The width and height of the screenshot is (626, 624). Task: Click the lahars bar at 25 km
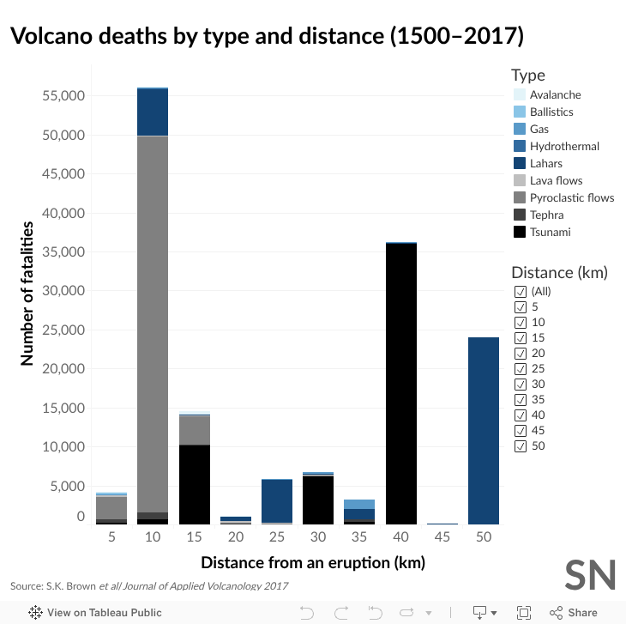tap(277, 500)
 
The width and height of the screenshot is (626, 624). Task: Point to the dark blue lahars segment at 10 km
tap(153, 112)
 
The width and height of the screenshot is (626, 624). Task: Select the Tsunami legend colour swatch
tap(519, 232)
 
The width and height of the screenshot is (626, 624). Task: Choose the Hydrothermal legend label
tap(564, 146)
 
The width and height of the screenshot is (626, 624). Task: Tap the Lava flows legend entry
tap(556, 180)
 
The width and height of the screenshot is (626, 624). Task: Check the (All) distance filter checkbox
tap(520, 291)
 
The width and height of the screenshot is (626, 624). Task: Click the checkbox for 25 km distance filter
tap(520, 368)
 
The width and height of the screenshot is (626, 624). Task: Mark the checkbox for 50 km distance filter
tap(520, 445)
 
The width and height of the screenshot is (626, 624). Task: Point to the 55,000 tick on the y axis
tap(63, 96)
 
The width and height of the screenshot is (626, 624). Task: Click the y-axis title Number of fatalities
tap(27, 294)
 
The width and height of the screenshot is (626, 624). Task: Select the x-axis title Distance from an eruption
tap(312, 563)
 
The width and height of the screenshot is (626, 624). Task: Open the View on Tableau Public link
tap(95, 613)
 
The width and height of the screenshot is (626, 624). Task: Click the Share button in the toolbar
tap(574, 613)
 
